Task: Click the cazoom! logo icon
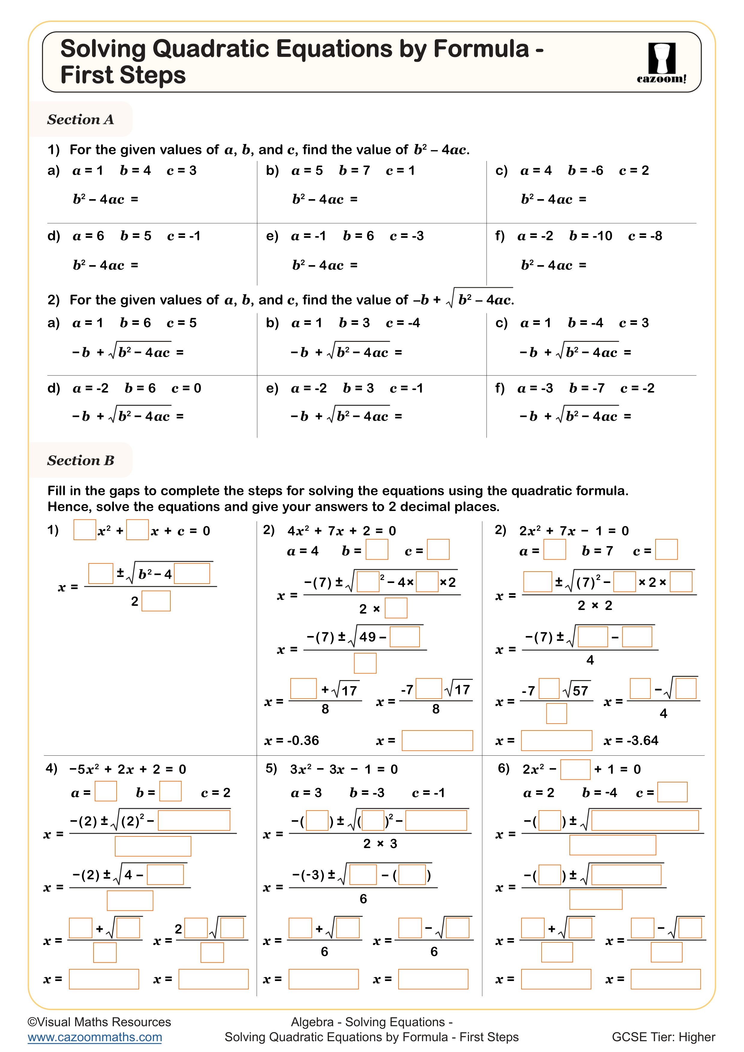point(662,62)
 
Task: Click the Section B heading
point(81,461)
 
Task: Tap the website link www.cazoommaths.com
point(95,1037)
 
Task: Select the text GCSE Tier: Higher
point(663,1037)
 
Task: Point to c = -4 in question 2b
point(403,323)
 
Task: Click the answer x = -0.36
point(291,740)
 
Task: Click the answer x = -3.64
point(631,740)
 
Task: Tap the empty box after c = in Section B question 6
point(672,792)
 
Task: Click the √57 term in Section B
point(576,691)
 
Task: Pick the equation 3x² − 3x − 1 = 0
point(344,769)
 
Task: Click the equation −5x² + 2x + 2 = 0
point(127,769)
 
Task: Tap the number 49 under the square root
point(367,637)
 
